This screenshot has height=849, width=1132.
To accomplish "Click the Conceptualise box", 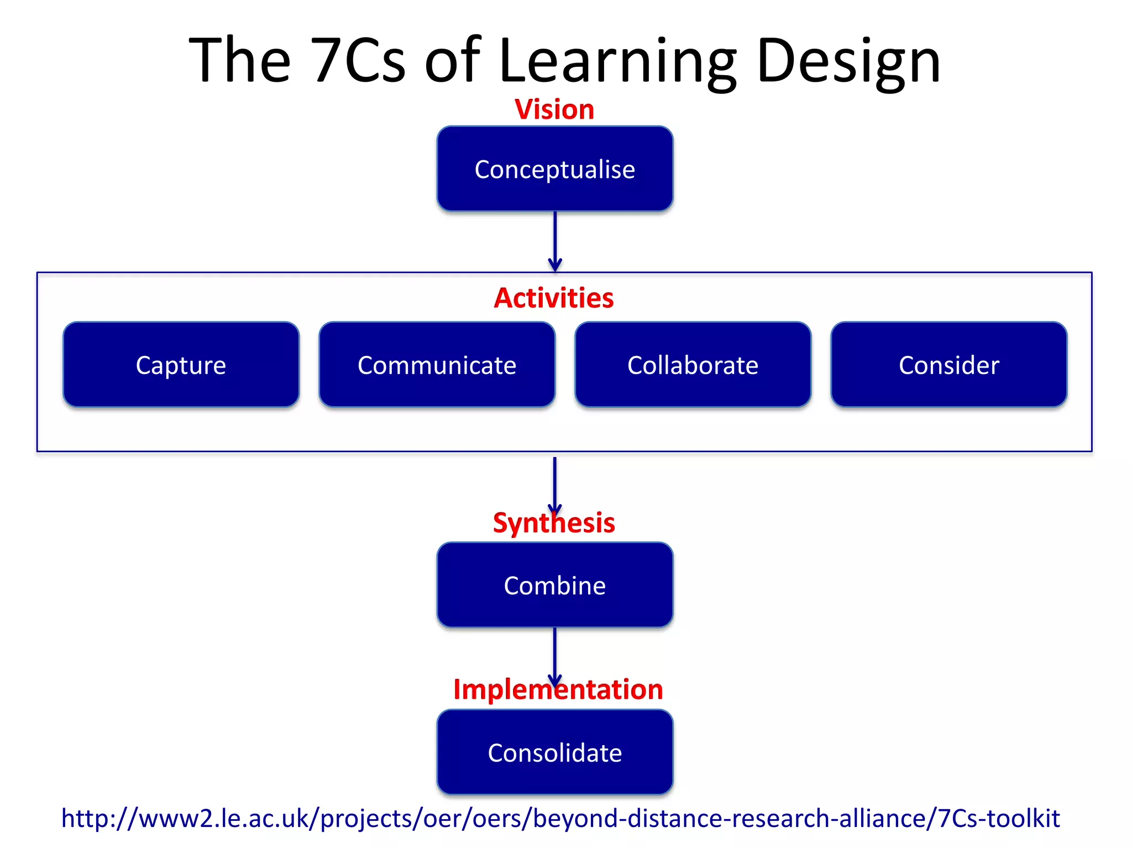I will (x=554, y=169).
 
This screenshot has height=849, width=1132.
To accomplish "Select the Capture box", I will (x=181, y=365).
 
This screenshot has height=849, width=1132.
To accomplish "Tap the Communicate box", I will (x=437, y=365).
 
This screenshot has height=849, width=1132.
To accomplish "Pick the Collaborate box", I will (x=693, y=365).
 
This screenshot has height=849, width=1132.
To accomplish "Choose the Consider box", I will (x=948, y=365).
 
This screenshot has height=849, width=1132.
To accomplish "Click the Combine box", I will (x=554, y=585).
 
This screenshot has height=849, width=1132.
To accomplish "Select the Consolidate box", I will (x=554, y=753).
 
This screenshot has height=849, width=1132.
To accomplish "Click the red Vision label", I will (x=554, y=109).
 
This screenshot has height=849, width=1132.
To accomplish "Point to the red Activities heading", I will (x=554, y=298).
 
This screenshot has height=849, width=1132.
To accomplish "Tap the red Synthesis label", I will (x=554, y=523).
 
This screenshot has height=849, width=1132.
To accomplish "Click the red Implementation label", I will (x=558, y=690).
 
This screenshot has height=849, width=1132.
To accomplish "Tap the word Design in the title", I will (x=848, y=61).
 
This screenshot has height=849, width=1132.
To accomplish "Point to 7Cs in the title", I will (x=358, y=61).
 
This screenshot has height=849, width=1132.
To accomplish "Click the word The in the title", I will (x=239, y=61).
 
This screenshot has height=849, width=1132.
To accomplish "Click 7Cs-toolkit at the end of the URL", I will (x=999, y=819).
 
